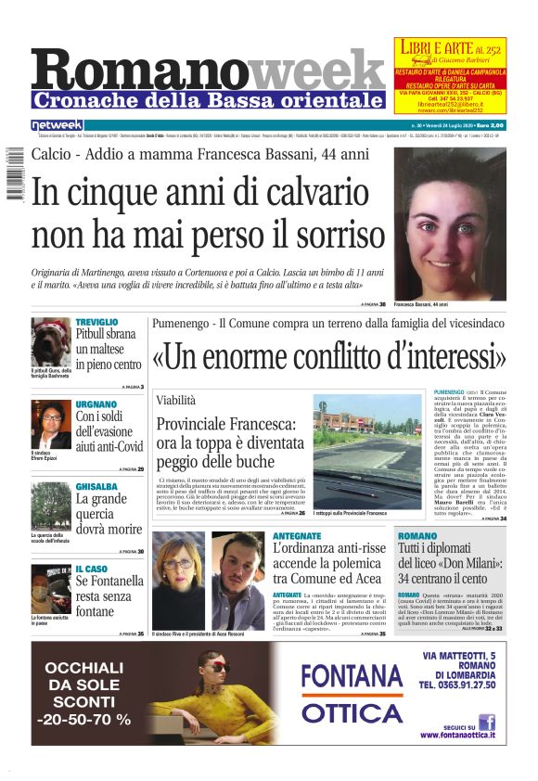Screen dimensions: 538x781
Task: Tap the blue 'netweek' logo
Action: (x=57, y=124)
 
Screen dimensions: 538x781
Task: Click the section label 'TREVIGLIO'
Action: (x=96, y=322)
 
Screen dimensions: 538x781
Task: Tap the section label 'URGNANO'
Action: (x=96, y=404)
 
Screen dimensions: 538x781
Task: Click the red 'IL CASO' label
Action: (x=92, y=569)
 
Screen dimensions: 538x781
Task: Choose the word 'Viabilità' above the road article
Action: (x=176, y=400)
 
